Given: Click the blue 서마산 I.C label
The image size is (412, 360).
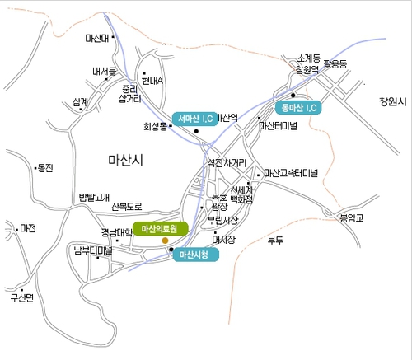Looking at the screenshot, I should click(x=196, y=118).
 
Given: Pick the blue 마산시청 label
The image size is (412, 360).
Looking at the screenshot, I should click(x=196, y=255).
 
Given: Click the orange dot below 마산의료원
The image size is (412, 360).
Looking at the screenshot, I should click(x=166, y=240).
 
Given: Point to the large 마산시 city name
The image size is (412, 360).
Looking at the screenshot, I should click(x=125, y=160).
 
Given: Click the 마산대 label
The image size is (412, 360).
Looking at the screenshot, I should click(x=97, y=38).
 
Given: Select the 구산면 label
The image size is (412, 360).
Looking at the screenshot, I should click(x=21, y=297).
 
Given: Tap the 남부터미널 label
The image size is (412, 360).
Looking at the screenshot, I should click(x=92, y=249).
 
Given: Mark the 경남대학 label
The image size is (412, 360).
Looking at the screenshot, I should click(x=117, y=231).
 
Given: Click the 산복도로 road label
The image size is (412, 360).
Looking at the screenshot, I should click(x=127, y=207).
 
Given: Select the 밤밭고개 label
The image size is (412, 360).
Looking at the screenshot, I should click(x=93, y=197).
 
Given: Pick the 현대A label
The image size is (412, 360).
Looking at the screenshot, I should click(x=152, y=81).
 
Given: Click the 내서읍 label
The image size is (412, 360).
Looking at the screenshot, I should click(x=105, y=71).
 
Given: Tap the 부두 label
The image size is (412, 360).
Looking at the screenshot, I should click(x=274, y=240).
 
